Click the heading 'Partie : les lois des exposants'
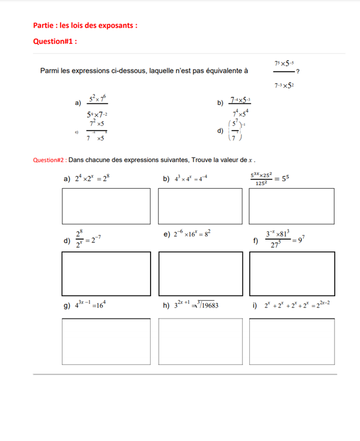coord(85,25)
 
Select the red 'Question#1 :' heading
coord(55,41)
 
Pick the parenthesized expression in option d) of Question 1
coord(235,130)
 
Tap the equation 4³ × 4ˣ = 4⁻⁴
coord(188,179)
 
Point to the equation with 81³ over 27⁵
coord(286,238)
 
